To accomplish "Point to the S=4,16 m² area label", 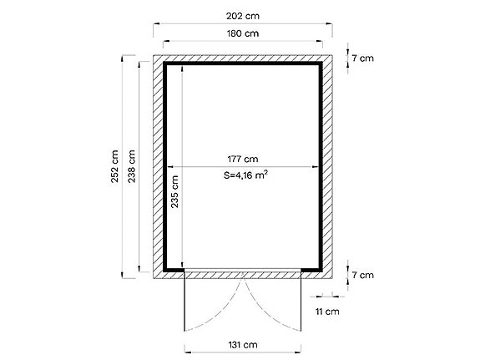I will pyautogui.click(x=245, y=175).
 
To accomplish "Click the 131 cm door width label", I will pyautogui.click(x=241, y=343).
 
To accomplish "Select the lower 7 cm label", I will pyautogui.click(x=362, y=274).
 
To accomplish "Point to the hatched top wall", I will pyautogui.click(x=243, y=58).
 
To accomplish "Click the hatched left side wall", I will pyautogui.click(x=157, y=167).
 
